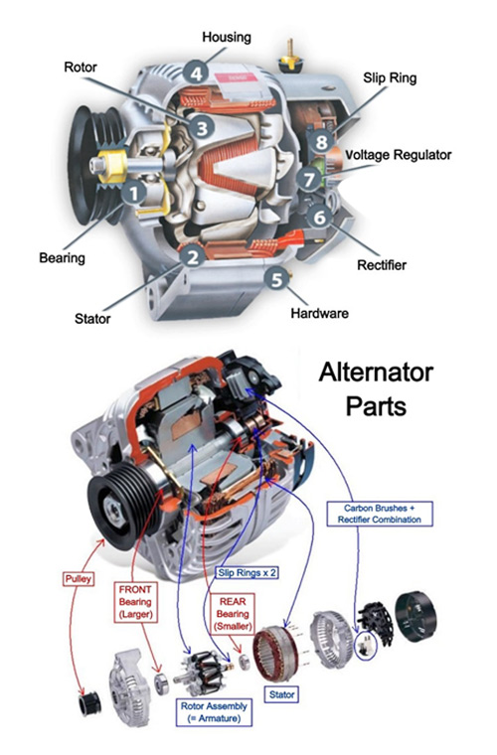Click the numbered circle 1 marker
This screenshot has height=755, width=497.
(133, 193)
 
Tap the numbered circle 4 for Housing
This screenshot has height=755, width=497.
(197, 74)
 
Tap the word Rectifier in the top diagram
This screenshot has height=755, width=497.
(382, 265)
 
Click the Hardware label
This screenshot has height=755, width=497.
(319, 313)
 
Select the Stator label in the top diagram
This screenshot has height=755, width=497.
(92, 320)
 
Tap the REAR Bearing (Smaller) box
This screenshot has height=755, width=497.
(230, 606)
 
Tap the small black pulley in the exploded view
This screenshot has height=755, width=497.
(89, 705)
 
